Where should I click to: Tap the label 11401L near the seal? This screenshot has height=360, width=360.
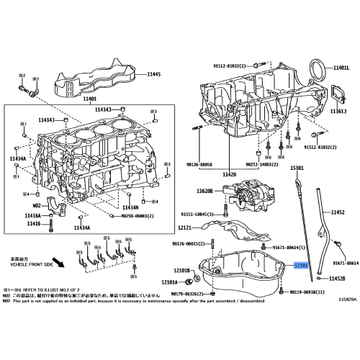click(341, 67)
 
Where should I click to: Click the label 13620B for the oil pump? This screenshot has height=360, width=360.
click(205, 191)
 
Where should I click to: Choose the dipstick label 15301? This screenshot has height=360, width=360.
click(297, 168)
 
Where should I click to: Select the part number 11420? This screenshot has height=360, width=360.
click(230, 175)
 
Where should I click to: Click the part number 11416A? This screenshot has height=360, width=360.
click(34, 215)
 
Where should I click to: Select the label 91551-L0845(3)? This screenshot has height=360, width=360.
click(197, 214)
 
